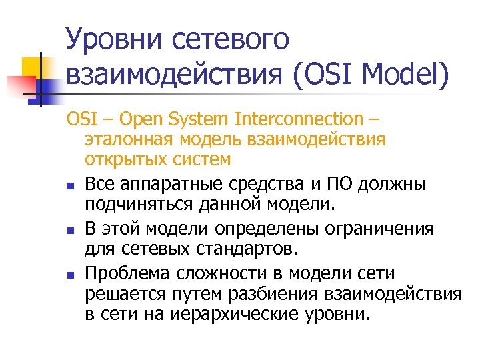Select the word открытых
click(118, 160)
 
